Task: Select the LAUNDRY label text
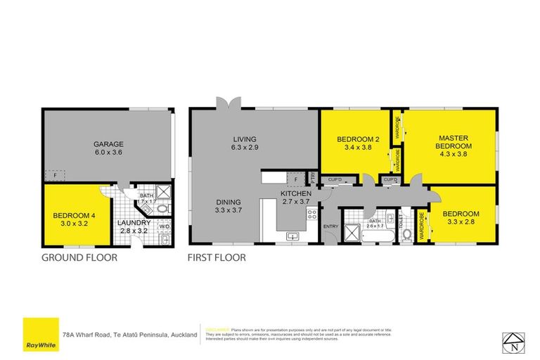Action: [134, 223]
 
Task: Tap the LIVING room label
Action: [245, 139]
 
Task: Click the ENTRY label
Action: [330, 226]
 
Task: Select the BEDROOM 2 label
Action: [357, 139]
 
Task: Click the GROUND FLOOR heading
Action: [78, 258]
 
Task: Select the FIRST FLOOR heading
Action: [216, 258]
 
